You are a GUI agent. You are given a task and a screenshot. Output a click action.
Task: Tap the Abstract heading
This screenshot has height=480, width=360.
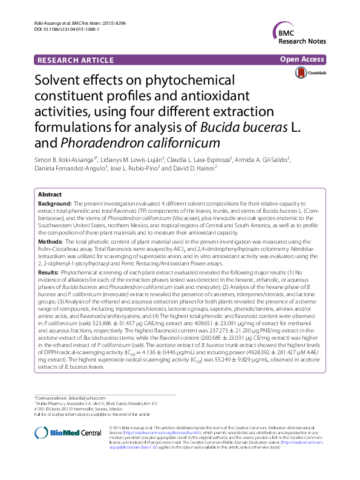[x=49, y=195]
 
